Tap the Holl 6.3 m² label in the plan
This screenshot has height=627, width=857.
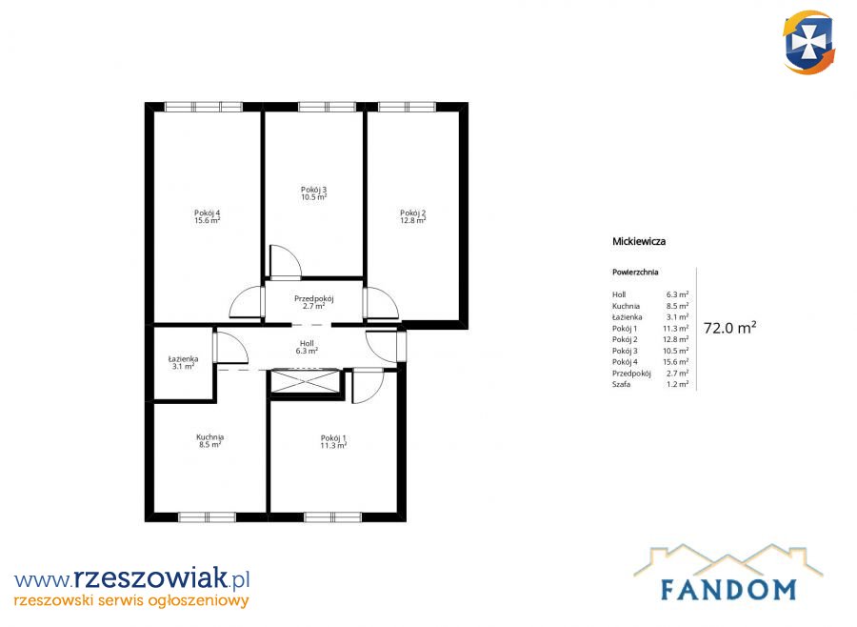pos(307,348)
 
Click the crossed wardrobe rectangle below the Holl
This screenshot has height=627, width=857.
pos(306,381)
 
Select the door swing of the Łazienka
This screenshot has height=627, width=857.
pos(231,347)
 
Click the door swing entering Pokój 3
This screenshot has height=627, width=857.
pos(286,262)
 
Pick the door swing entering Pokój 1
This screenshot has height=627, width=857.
pos(368,386)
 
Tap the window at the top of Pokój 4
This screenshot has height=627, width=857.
pos(204,107)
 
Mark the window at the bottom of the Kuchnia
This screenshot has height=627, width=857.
pos(208,517)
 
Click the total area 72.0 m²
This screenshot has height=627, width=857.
pos(729,328)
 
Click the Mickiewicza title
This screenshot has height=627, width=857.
pos(639,241)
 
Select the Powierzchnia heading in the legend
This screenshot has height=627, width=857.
pos(635,272)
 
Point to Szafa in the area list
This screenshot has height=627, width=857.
pos(621,384)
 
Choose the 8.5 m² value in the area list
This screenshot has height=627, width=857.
pos(677,306)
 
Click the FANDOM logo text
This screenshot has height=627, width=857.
pos(728,589)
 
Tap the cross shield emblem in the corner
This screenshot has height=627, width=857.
pos(808,42)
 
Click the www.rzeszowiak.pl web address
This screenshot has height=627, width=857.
pos(132,578)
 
